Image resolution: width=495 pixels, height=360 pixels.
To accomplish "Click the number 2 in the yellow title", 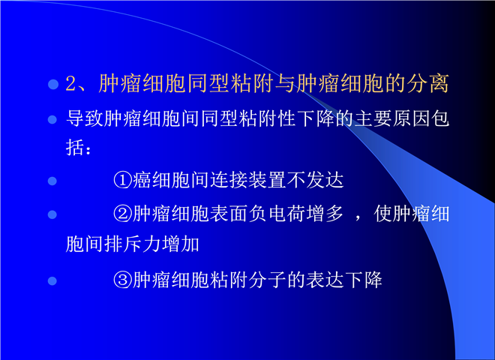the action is tap(71, 84).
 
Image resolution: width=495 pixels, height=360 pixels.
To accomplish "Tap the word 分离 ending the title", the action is tap(427, 84).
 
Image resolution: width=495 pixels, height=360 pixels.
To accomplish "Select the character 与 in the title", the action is tap(285, 84).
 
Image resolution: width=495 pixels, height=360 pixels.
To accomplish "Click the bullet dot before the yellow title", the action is tap(53, 84).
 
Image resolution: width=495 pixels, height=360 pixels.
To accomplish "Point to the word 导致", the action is tap(85, 118).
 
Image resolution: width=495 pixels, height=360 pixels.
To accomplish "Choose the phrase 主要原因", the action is tap(392, 118).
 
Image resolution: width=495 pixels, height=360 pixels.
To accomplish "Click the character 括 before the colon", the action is tap(75, 147).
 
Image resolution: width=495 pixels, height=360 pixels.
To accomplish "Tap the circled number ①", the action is tap(122, 180).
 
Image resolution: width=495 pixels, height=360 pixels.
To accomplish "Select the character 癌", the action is tap(142, 180).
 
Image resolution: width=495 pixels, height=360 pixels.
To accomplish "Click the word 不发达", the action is tap(315, 180).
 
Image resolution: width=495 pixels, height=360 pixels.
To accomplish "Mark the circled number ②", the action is tap(122, 214).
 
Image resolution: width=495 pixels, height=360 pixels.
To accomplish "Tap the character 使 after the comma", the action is tap(383, 214).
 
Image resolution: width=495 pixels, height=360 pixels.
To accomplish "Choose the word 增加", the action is tap(181, 244).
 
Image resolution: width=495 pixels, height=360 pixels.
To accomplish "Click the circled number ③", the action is tap(122, 280).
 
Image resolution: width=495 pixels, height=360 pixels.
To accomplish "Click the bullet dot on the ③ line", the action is tap(52, 280).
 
